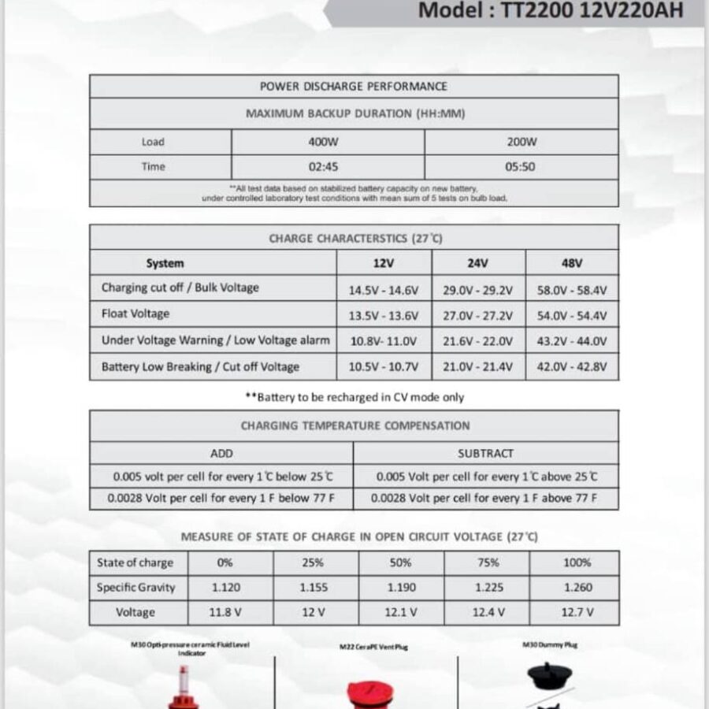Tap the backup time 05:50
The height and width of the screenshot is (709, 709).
[x=521, y=167]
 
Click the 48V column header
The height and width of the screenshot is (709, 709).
[x=572, y=263]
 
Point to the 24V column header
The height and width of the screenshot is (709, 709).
[x=477, y=263]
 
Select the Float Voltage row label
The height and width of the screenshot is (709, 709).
[x=135, y=314]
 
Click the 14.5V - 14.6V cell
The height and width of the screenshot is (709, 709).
[x=383, y=290]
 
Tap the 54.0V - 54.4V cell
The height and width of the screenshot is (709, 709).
[x=572, y=315]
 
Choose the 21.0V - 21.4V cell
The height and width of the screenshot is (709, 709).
[x=477, y=367]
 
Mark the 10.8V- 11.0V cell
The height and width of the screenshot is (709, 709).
[x=383, y=341]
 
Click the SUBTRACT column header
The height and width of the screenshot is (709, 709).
[x=485, y=453]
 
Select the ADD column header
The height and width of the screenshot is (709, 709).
[x=221, y=453]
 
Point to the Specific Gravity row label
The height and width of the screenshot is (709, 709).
[x=135, y=588]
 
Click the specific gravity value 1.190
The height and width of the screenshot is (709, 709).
[x=402, y=588]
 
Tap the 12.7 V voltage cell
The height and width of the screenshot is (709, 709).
[x=577, y=612]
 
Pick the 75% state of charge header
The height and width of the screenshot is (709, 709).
[x=488, y=562]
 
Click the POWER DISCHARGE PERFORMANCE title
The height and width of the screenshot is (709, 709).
[x=353, y=86]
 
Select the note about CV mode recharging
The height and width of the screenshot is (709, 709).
[x=354, y=398]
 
